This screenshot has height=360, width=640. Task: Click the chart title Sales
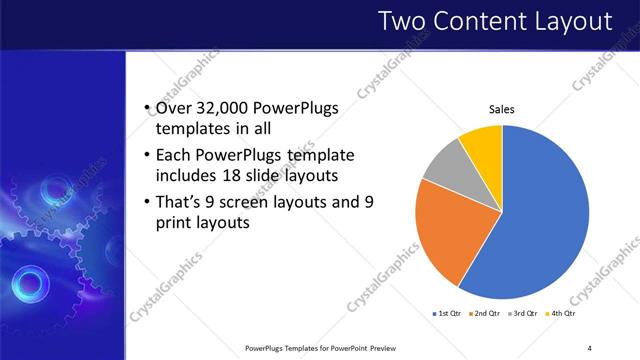point(501,109)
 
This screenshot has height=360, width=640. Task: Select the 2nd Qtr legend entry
point(484,313)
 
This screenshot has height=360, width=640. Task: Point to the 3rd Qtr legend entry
point(525,313)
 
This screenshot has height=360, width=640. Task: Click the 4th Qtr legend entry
point(562,313)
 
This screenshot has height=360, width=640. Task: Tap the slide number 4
point(589,347)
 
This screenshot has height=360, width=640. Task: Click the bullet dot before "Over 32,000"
point(147,109)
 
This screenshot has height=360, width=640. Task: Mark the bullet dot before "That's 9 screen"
point(147,202)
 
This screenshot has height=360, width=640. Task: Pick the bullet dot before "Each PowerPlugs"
point(147,156)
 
